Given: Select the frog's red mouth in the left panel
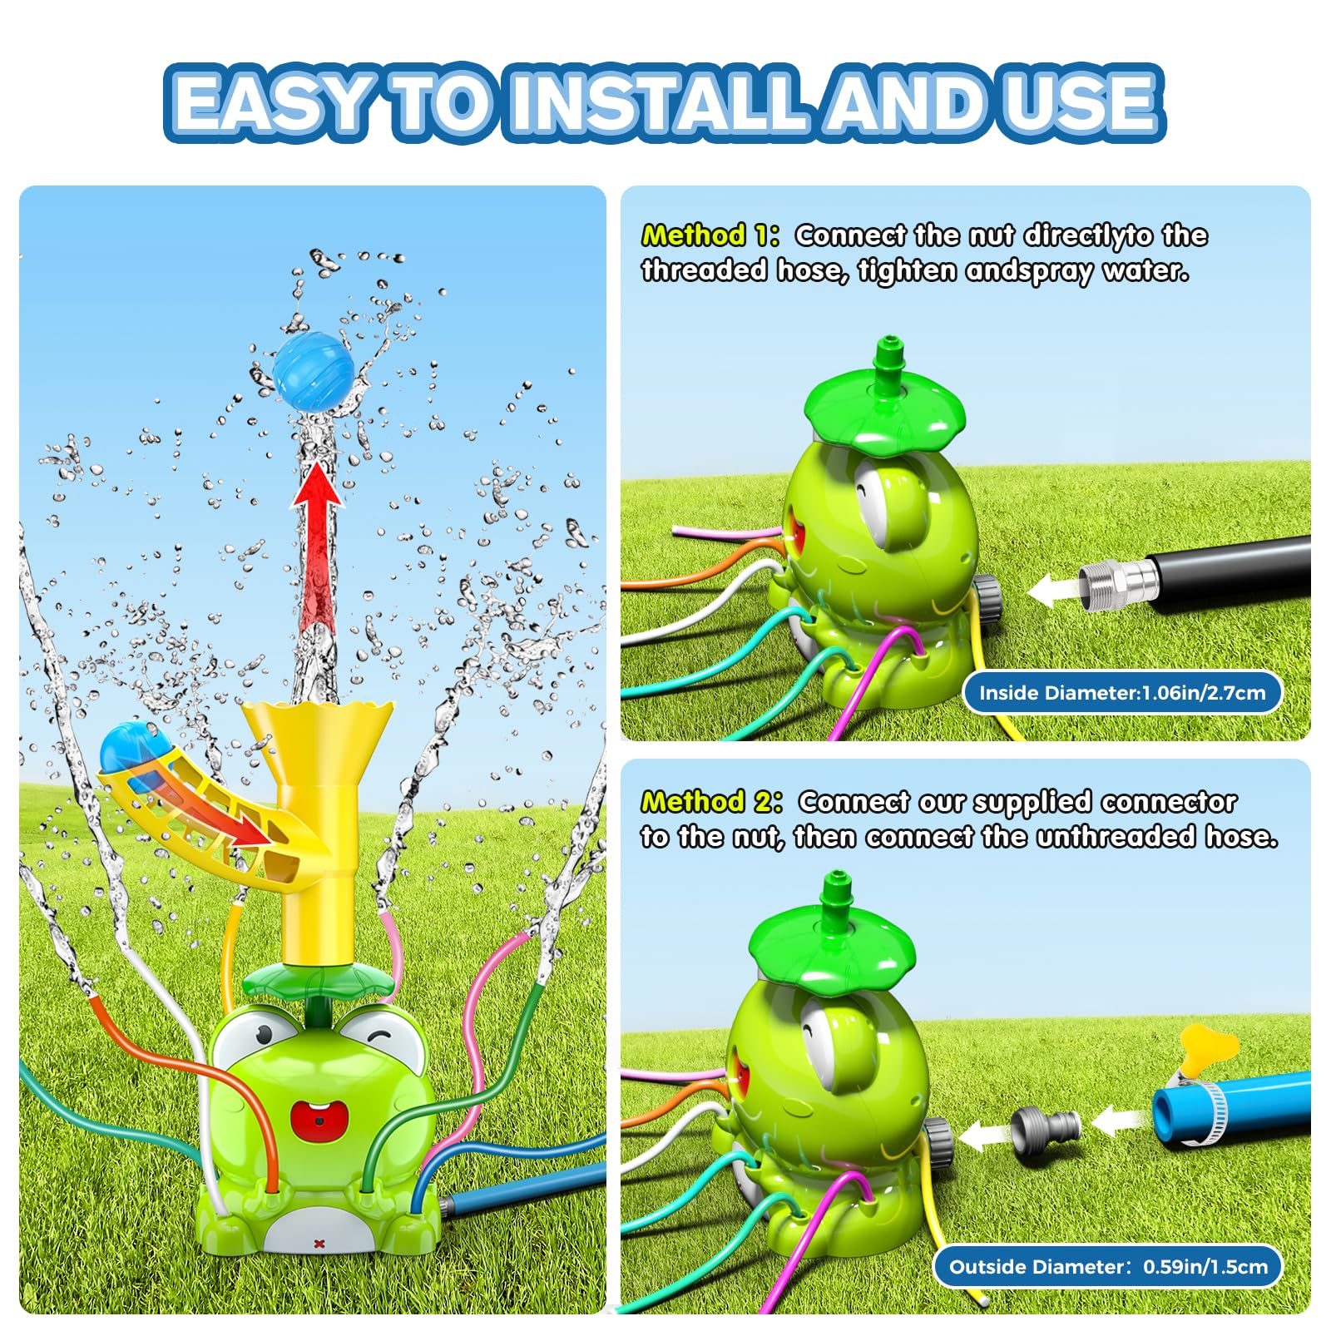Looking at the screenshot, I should pyautogui.click(x=319, y=1120).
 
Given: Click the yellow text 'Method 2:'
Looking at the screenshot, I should pyautogui.click(x=711, y=801).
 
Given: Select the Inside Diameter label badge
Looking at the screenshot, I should pyautogui.click(x=1121, y=693).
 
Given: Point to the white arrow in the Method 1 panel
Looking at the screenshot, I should pyautogui.click(x=1051, y=591).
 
